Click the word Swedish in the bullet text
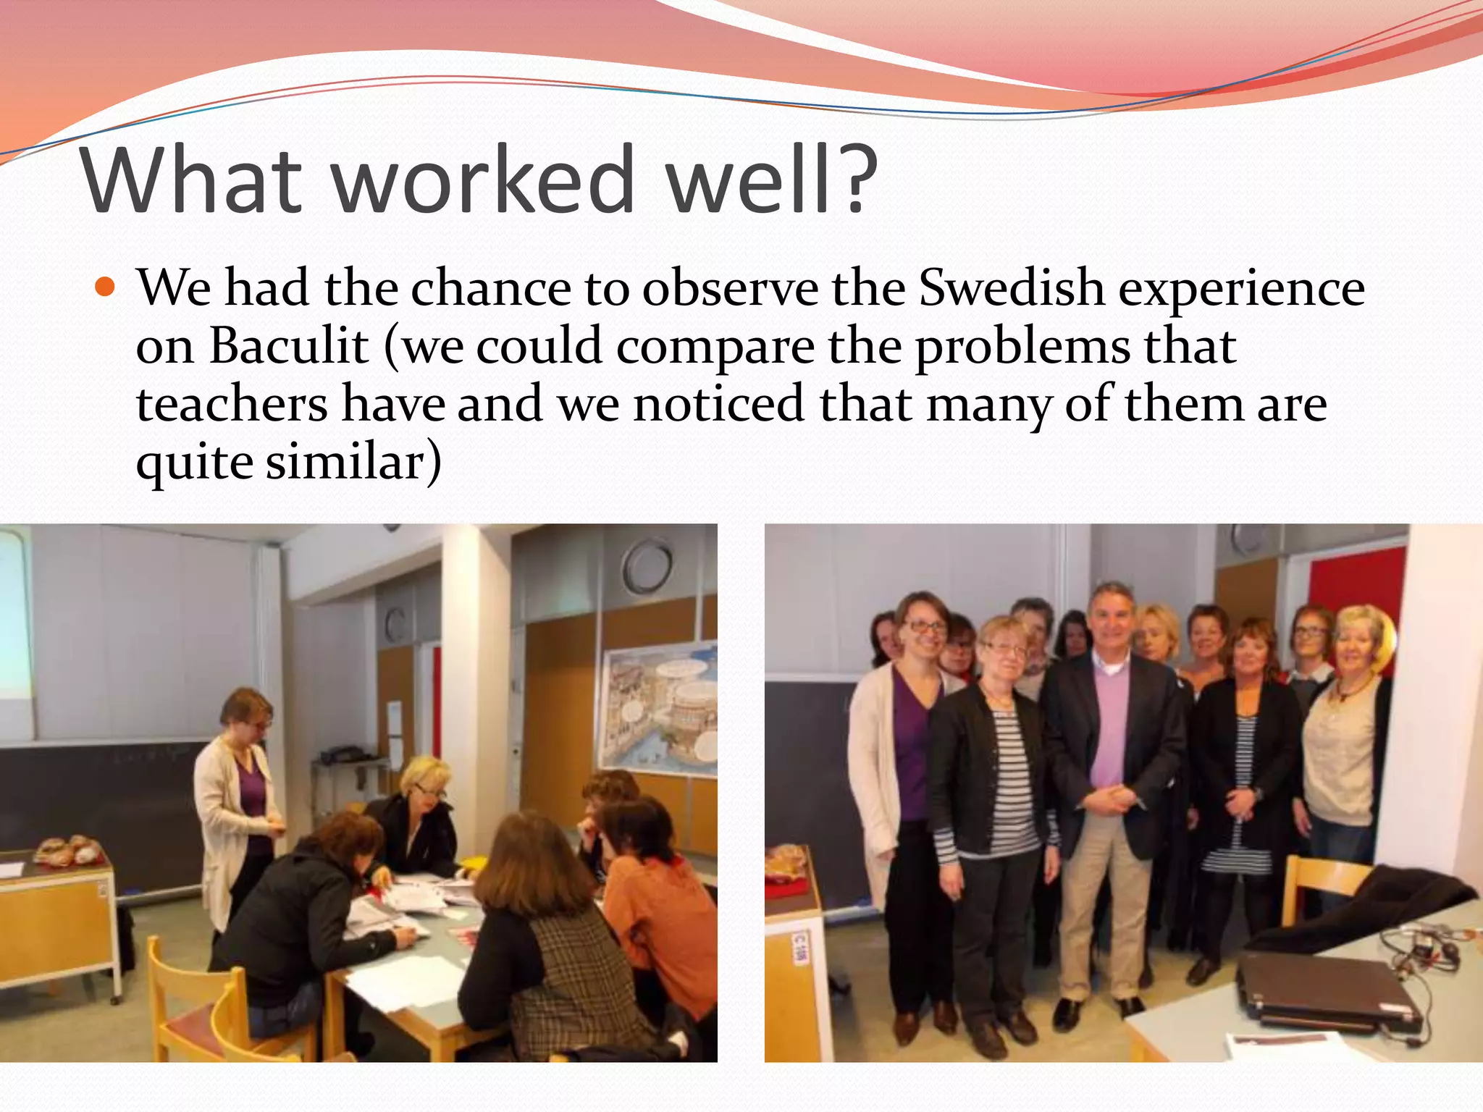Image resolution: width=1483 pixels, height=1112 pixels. pos(1011,288)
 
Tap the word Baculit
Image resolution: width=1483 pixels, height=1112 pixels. pos(289,345)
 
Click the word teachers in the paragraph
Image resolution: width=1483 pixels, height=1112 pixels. pos(232,403)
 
